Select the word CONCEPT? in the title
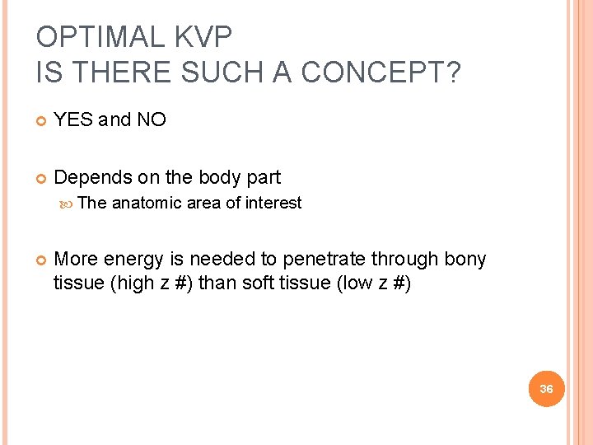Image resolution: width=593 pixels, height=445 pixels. click(381, 73)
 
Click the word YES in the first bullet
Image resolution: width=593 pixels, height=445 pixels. click(73, 119)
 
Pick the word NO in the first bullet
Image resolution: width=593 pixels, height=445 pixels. click(151, 119)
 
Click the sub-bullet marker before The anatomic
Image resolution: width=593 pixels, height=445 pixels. click(69, 204)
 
